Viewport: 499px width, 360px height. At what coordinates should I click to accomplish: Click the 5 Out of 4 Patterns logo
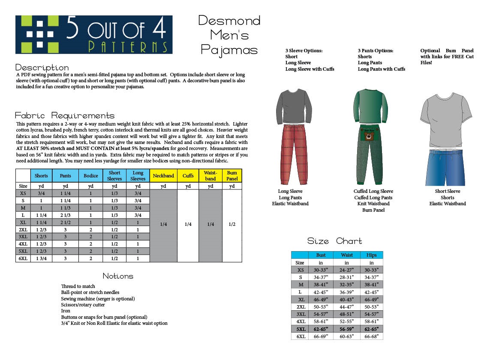[94, 35]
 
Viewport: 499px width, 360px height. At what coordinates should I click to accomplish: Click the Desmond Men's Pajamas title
[229, 35]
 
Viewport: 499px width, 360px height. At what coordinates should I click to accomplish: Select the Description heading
[42, 68]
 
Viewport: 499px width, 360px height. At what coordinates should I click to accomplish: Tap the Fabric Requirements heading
[65, 116]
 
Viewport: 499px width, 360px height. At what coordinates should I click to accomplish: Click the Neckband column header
[163, 176]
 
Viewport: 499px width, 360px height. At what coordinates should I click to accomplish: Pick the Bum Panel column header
[232, 176]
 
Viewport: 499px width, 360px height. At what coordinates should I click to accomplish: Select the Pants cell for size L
[66, 215]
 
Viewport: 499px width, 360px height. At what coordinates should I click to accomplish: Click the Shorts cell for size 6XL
[41, 258]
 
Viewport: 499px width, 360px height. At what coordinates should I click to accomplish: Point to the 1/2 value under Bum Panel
[232, 224]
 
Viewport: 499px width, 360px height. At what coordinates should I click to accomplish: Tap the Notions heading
[118, 276]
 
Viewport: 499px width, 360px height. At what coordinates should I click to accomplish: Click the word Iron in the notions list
[66, 311]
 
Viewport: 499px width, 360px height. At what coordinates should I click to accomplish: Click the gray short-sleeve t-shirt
[446, 120]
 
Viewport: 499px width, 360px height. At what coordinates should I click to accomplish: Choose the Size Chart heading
[335, 241]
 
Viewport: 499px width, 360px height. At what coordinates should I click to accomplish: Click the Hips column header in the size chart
[371, 255]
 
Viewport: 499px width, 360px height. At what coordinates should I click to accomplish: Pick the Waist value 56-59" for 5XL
[346, 329]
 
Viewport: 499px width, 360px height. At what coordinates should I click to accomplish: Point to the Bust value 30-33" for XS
[321, 270]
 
